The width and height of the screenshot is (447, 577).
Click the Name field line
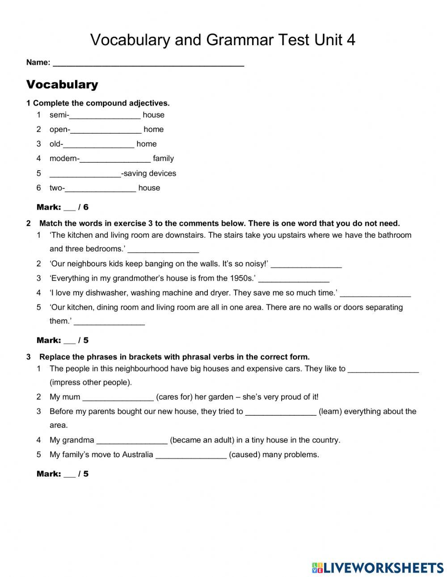click(x=148, y=63)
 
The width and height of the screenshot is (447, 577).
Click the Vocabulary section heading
click(x=62, y=84)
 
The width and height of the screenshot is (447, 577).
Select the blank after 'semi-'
click(x=105, y=115)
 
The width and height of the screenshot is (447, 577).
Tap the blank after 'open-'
click(x=106, y=130)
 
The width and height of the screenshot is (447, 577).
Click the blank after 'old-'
click(x=99, y=144)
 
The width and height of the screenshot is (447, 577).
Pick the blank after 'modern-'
click(x=115, y=159)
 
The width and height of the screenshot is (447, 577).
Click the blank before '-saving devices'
click(x=85, y=173)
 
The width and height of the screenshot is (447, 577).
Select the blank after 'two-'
click(x=101, y=188)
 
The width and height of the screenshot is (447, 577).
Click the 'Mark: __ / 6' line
click(x=63, y=207)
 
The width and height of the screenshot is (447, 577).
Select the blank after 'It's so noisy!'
click(x=306, y=264)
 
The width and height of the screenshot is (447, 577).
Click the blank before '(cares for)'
click(x=118, y=397)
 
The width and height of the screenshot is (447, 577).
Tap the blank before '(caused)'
click(x=191, y=455)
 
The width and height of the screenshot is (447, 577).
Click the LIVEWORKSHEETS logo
click(x=378, y=568)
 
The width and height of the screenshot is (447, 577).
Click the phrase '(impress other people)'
click(x=91, y=383)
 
